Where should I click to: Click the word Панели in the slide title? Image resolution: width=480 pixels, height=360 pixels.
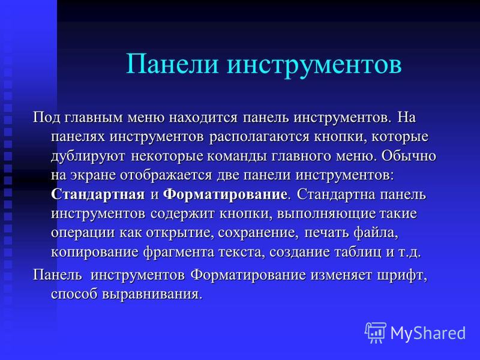[172, 64]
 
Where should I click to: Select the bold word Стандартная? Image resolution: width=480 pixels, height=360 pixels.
[98, 194]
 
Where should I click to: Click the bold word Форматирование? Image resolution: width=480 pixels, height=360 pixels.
[225, 195]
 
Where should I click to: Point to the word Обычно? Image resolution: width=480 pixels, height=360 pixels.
[409, 156]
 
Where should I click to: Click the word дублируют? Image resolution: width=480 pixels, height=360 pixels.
[88, 157]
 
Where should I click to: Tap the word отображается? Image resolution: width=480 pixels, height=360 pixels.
[166, 175]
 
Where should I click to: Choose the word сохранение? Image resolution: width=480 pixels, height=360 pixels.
[258, 233]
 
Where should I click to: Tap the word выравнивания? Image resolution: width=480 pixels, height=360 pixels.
[152, 295]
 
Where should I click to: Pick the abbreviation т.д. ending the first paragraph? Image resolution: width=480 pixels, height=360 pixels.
[410, 253]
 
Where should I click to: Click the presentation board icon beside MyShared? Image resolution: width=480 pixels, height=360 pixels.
[376, 332]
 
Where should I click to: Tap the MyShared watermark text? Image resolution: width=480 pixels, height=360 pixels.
[428, 333]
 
